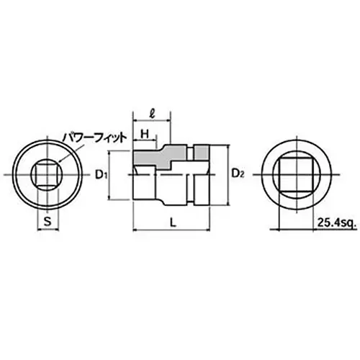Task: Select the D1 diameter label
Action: [102, 175]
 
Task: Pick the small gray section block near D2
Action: [202, 152]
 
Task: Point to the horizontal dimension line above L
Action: [173, 230]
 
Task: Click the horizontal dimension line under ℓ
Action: [151, 122]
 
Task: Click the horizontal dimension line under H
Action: [143, 140]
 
